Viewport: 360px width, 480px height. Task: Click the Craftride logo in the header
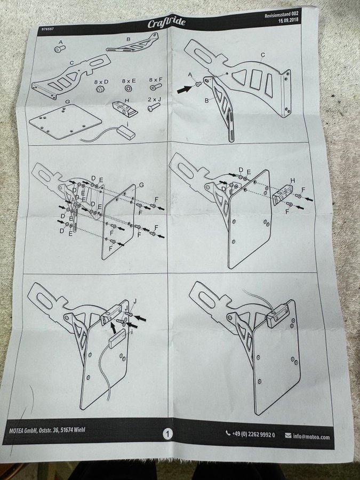click(166, 22)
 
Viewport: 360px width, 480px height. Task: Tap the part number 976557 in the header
click(47, 29)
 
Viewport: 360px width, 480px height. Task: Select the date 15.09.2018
click(288, 20)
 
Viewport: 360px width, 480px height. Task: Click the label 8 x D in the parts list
click(101, 82)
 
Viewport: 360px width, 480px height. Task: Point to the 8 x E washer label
click(129, 81)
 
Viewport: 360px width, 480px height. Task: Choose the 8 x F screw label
click(156, 80)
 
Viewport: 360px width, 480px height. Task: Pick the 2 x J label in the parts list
click(154, 100)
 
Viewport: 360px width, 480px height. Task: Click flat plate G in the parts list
click(65, 121)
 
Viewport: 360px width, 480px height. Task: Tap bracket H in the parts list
click(125, 109)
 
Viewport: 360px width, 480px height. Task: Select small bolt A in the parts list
click(60, 49)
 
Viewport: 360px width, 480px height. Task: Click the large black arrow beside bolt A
click(185, 89)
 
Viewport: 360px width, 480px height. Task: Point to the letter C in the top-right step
click(262, 55)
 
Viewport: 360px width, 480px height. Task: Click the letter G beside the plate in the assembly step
click(141, 185)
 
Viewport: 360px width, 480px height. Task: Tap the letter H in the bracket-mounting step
click(292, 181)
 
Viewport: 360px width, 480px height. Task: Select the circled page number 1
click(167, 434)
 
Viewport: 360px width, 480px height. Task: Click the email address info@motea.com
click(311, 436)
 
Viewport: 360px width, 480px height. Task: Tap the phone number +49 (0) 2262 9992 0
click(253, 434)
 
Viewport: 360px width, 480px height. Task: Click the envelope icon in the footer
click(288, 435)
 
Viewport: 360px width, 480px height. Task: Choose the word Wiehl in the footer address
click(79, 429)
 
